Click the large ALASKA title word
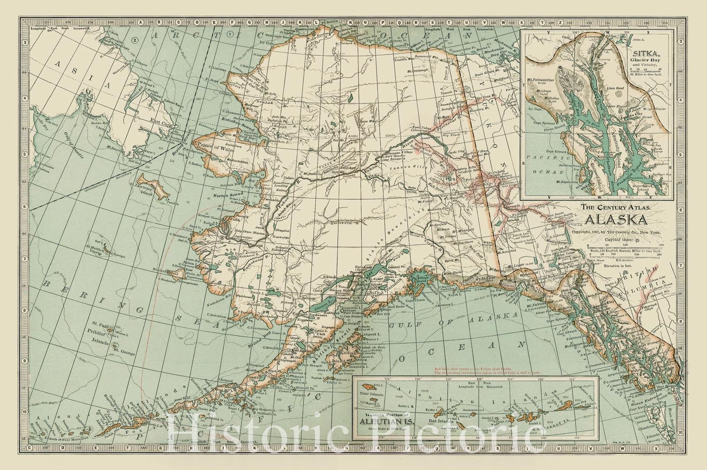point(617,220)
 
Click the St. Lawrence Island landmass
point(152,185)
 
